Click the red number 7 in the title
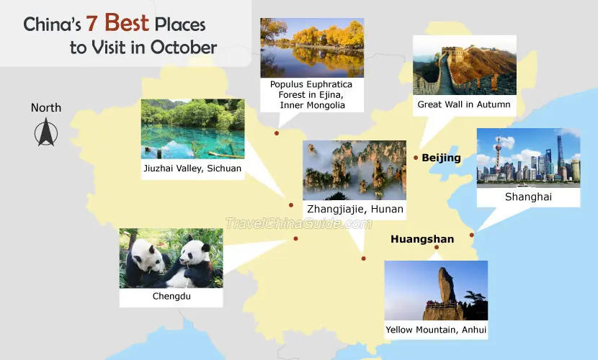tap(91, 24)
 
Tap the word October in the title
tap(184, 48)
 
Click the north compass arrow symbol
tap(46, 132)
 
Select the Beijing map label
tap(441, 158)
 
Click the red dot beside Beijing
tap(416, 158)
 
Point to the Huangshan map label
tap(422, 239)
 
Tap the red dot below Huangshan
tap(437, 247)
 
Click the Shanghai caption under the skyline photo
tap(528, 197)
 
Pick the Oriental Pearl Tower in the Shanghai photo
tap(498, 153)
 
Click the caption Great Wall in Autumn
tap(464, 104)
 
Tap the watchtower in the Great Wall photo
tap(452, 50)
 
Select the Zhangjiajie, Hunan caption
tap(355, 209)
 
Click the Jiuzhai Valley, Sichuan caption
tap(192, 168)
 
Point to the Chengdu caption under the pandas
tap(171, 296)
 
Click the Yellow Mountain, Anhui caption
tap(436, 330)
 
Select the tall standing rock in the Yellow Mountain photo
tap(445, 285)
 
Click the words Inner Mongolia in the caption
tap(313, 105)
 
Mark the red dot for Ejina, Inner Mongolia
tap(277, 133)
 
